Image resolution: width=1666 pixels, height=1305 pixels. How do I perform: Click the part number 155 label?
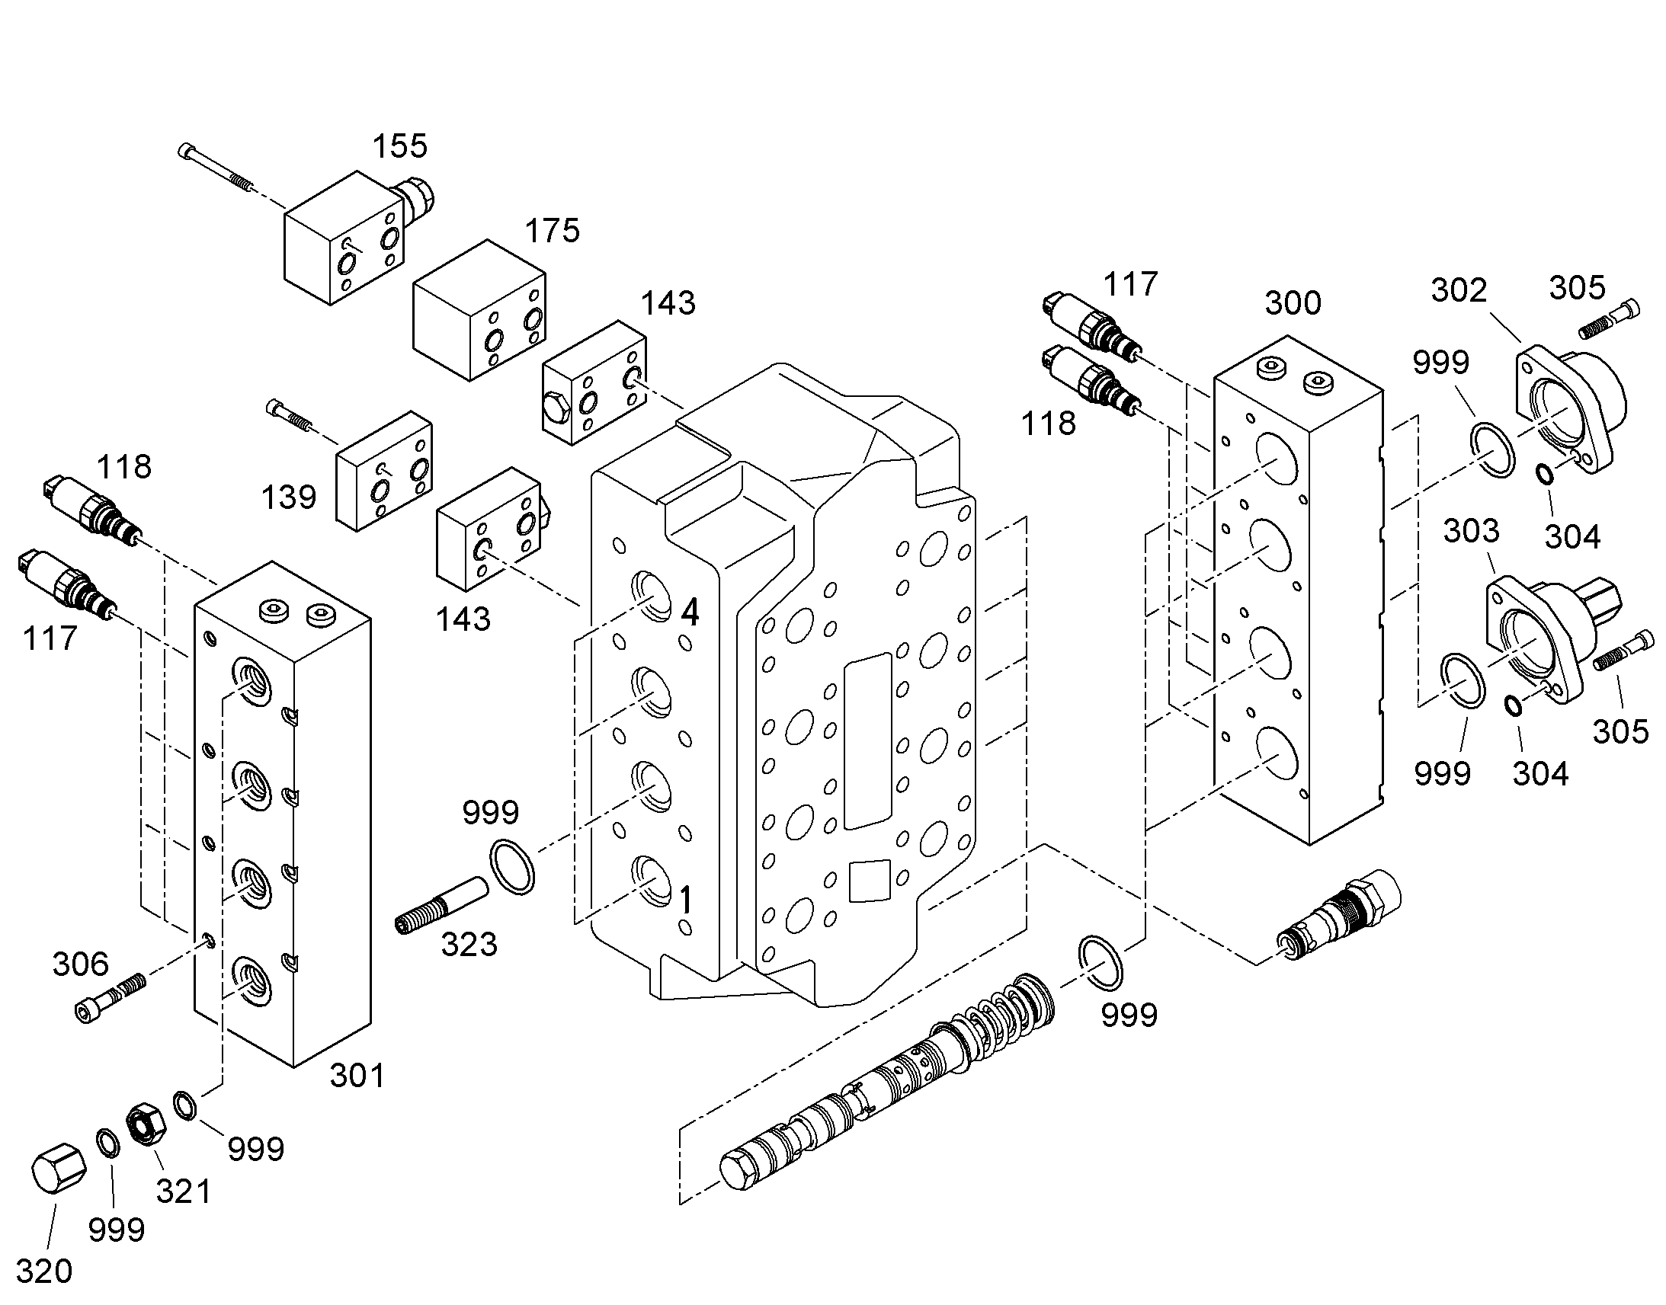point(399,146)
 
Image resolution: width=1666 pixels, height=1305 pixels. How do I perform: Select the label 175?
point(553,230)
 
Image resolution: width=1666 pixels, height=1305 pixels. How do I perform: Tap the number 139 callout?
point(288,497)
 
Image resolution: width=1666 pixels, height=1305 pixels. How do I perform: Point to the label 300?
point(1293,303)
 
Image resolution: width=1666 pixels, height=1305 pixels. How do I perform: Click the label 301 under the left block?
point(357,1076)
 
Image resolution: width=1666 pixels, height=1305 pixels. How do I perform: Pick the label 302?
point(1459,290)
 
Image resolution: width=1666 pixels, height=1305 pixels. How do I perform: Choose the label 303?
point(1471,530)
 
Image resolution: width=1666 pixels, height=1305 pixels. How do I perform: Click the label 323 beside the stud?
point(469,945)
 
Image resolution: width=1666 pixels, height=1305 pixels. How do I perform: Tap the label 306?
point(80,964)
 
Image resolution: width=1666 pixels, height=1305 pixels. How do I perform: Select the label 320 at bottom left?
point(44,1271)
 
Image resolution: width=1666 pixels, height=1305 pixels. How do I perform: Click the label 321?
point(184,1191)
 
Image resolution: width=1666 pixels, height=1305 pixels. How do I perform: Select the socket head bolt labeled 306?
point(111,996)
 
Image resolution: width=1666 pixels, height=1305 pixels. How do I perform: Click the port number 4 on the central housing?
point(689,612)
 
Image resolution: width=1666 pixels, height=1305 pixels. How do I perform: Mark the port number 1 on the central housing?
point(685,900)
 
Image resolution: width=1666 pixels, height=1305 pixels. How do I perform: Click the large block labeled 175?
point(479,310)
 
